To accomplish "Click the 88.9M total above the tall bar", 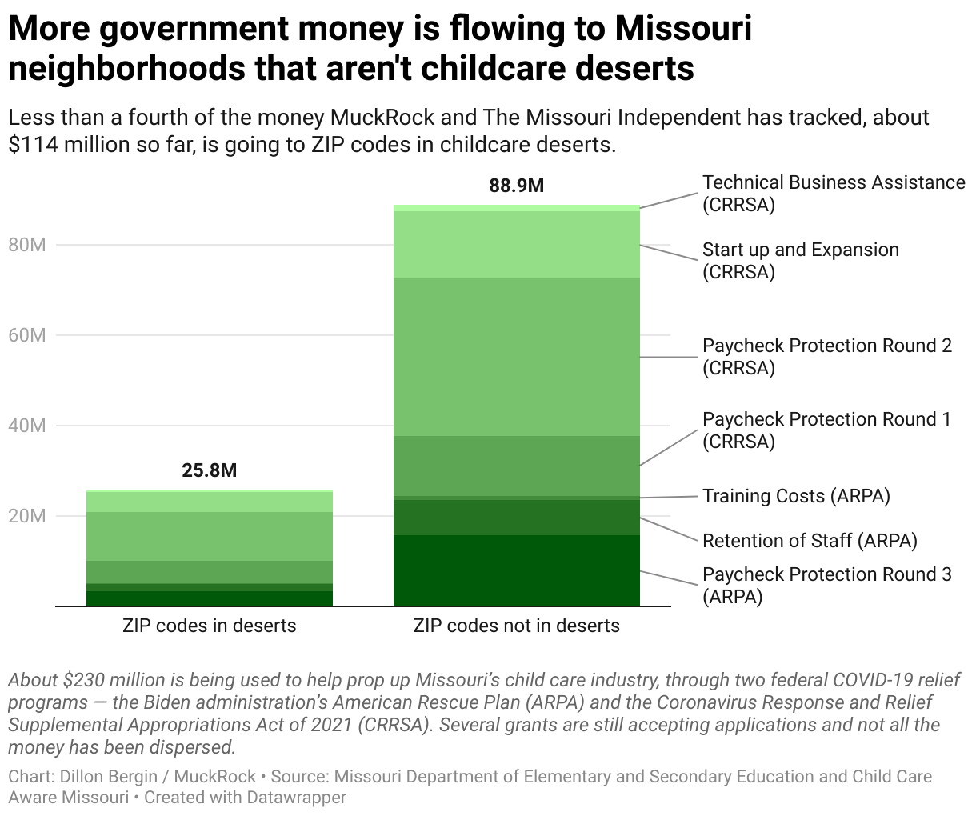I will point(516,186).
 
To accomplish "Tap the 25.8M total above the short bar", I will point(209,470).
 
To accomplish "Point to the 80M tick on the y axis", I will point(26,245).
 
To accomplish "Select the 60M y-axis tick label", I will point(26,335).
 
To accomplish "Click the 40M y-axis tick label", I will point(26,426).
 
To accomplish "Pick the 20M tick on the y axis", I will point(26,516).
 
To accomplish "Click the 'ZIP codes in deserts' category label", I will point(209,626).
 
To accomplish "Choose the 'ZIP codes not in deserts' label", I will point(516,626).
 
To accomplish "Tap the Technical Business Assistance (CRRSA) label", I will point(833,194).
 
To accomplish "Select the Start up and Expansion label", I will point(800,261).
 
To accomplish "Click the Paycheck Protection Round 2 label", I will point(826,357).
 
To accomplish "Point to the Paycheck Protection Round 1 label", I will point(826,430).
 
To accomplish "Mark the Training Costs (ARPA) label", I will point(796,496).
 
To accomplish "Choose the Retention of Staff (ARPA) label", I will point(809,541).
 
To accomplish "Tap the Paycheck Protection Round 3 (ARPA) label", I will point(826,586).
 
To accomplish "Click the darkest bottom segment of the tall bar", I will point(516,570).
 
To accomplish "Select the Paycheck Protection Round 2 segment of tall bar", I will point(516,357).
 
